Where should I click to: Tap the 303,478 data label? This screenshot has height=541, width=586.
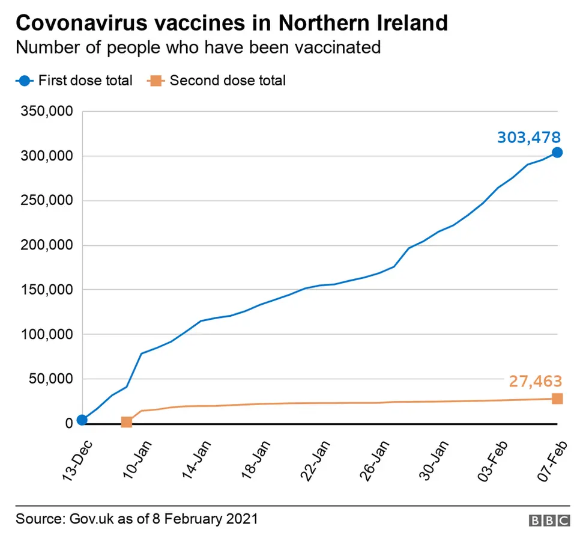(x=528, y=137)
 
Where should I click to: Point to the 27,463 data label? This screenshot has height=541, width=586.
(x=535, y=381)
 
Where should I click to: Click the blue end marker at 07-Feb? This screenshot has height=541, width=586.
(x=557, y=153)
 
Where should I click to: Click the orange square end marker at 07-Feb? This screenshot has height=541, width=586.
(x=557, y=399)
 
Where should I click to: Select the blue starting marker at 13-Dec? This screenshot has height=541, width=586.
(x=82, y=420)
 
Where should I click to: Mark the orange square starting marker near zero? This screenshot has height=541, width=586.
(x=127, y=422)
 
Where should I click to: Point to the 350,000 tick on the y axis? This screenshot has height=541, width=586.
(x=47, y=112)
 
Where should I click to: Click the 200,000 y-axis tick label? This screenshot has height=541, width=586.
(x=47, y=245)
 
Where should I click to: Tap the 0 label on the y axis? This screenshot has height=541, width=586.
(x=69, y=423)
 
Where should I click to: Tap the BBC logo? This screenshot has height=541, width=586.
(x=549, y=520)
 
